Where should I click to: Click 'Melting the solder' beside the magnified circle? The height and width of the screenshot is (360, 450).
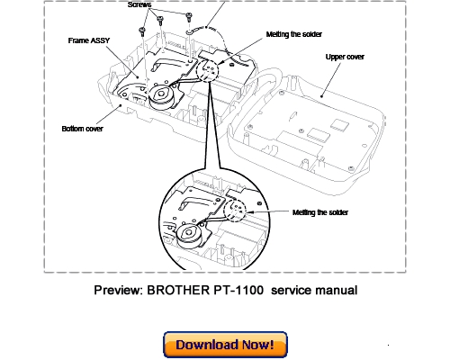pos(321,211)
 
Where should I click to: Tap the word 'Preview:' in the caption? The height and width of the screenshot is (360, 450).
pos(121,290)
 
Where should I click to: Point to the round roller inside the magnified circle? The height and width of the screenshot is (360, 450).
pos(191,237)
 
